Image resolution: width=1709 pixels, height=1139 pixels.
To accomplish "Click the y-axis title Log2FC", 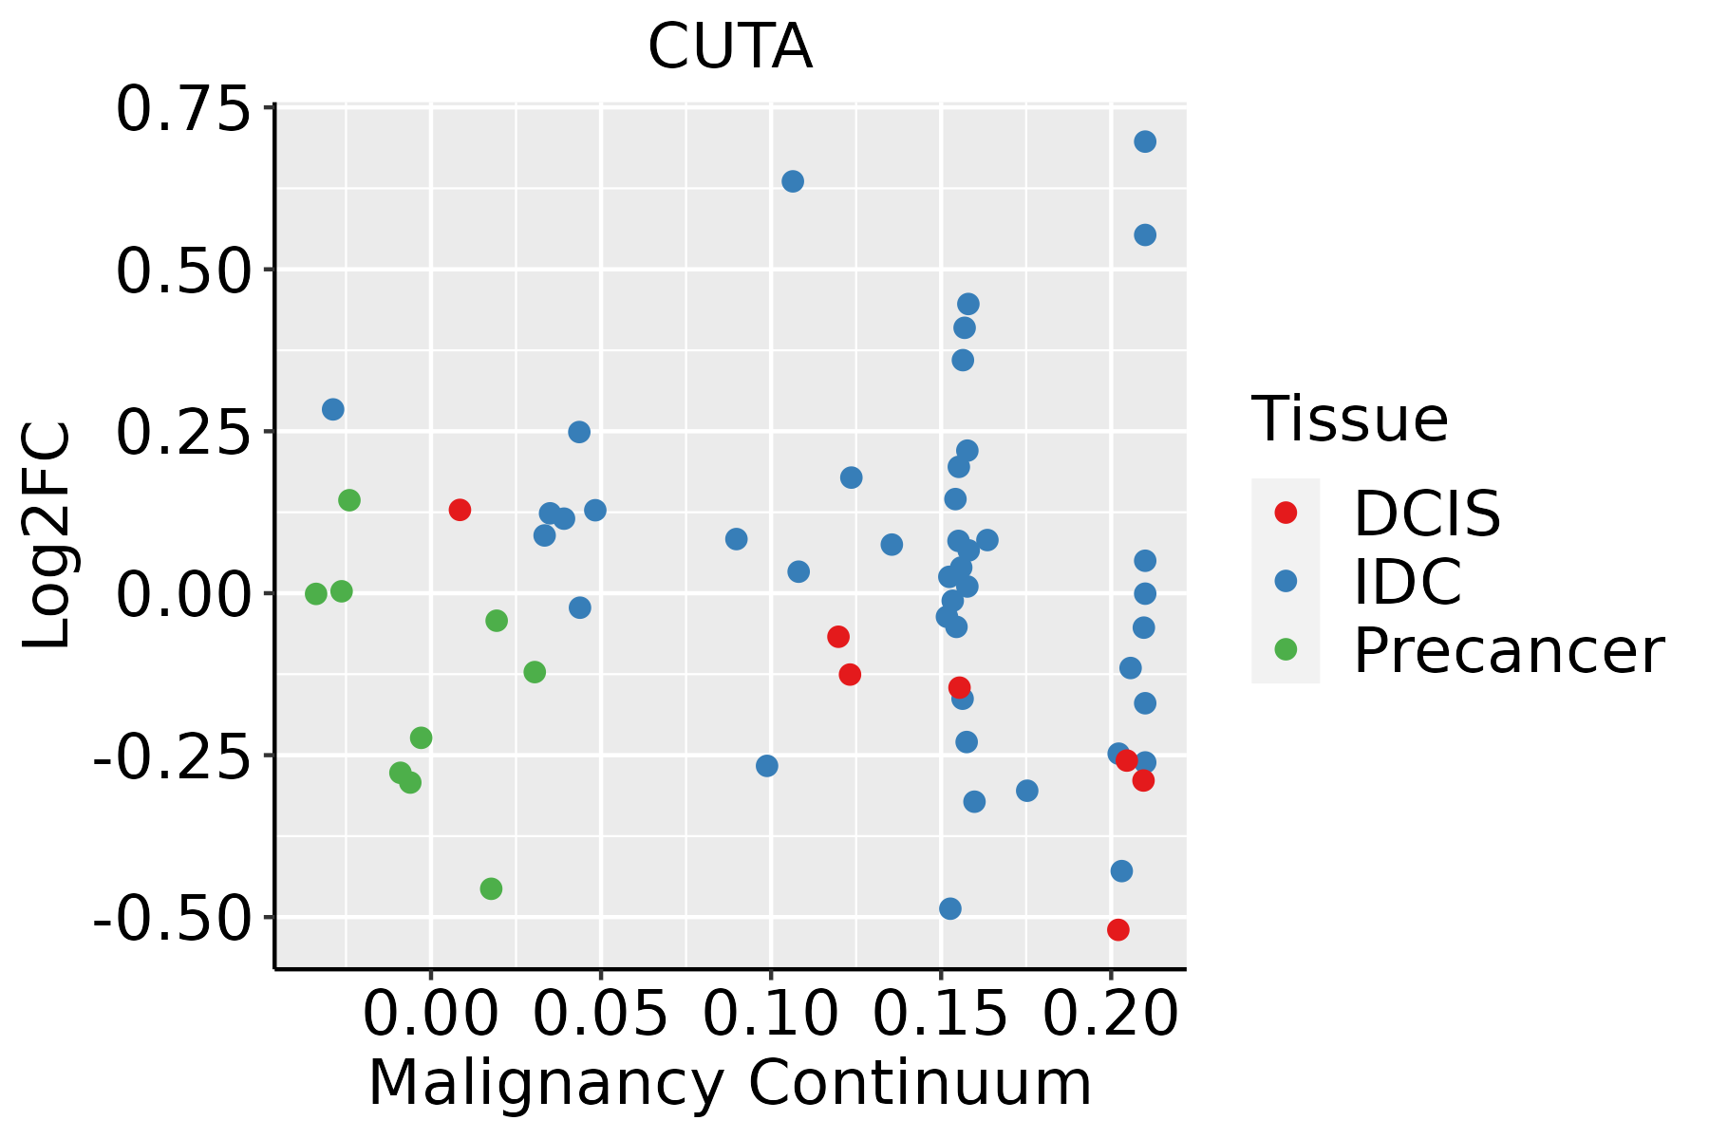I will click(47, 536).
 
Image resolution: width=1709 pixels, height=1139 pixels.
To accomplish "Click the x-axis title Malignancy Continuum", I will click(729, 1083).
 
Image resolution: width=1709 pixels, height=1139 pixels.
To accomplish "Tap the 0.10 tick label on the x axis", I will click(771, 1015).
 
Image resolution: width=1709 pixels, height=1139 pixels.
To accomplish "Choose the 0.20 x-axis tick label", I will click(1111, 1015).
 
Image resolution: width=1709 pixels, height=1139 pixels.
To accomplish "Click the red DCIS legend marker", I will click(1286, 513).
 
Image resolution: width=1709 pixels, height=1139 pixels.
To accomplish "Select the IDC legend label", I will click(1407, 582).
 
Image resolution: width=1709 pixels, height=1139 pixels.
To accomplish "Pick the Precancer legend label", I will click(1508, 651).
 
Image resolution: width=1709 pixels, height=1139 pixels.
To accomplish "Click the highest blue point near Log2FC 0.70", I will click(1145, 141).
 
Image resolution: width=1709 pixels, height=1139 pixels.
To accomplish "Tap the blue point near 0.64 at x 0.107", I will click(793, 181).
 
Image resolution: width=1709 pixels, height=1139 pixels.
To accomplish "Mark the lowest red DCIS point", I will click(1118, 929).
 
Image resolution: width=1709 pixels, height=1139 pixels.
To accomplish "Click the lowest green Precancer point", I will click(491, 888).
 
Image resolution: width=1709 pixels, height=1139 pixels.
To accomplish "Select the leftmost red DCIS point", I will click(460, 510).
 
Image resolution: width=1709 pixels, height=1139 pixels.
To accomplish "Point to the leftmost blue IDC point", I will click(333, 409).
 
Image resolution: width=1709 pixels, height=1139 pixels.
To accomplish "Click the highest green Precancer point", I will click(349, 500).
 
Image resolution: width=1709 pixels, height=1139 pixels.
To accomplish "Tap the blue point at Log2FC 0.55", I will click(1145, 234).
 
